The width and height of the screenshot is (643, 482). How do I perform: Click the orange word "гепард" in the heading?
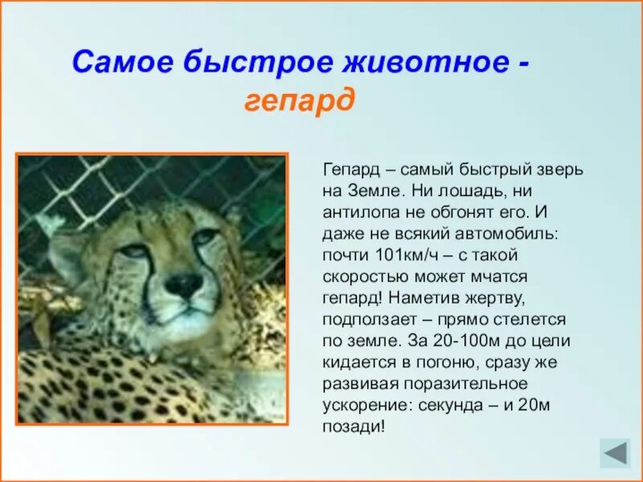[x=298, y=101]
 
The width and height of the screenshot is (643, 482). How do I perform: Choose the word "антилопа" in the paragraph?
[x=361, y=213]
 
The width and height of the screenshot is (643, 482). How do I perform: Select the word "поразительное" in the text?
[x=457, y=383]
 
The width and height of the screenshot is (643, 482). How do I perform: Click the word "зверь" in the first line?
[x=561, y=170]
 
